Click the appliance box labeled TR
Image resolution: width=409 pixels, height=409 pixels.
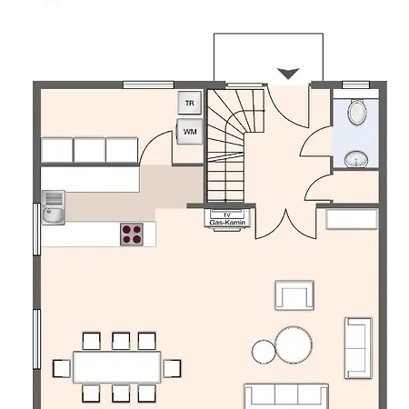coord(190,104)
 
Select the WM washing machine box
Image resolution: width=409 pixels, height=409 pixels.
coord(190,132)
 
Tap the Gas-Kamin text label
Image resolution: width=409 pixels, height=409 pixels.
coord(227,223)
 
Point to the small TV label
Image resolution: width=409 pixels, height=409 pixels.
coord(227,214)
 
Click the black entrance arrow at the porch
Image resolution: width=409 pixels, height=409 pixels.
coord(289,74)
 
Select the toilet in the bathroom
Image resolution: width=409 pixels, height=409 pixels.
coord(357,113)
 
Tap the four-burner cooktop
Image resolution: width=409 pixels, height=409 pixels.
coord(133,234)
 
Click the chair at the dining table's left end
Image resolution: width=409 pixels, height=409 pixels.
coord(62,368)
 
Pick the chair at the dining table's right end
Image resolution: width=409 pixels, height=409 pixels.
coord(171,368)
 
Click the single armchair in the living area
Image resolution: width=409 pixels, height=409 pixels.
coord(294,295)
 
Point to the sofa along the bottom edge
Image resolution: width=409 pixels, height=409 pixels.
coord(286,396)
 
